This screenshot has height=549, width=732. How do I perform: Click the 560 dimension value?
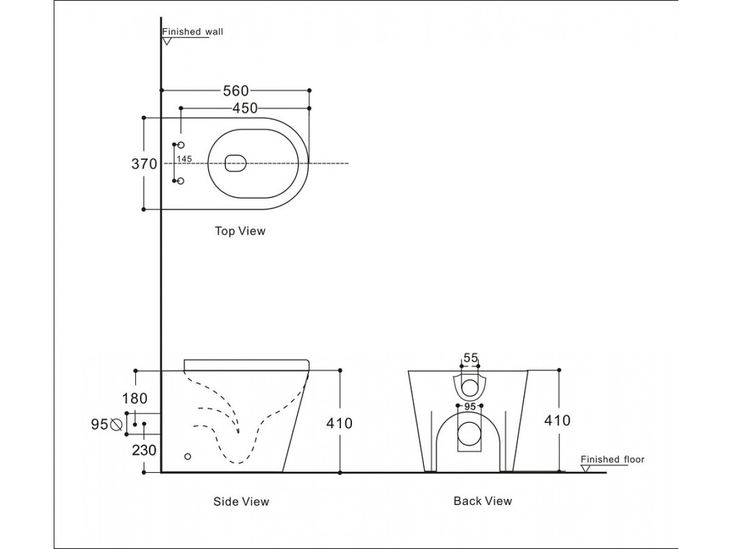pyautogui.click(x=236, y=91)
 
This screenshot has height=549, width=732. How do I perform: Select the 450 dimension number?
pyautogui.click(x=245, y=109)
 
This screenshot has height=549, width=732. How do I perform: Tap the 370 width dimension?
pyautogui.click(x=144, y=164)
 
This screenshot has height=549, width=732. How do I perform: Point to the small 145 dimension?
pyautogui.click(x=184, y=159)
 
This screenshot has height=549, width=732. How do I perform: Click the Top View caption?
pyautogui.click(x=240, y=231)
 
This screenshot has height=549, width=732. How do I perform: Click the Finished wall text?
pyautogui.click(x=192, y=32)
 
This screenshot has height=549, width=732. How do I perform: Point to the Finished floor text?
pyautogui.click(x=612, y=459)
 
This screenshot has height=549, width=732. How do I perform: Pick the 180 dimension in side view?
pyautogui.click(x=135, y=398)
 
